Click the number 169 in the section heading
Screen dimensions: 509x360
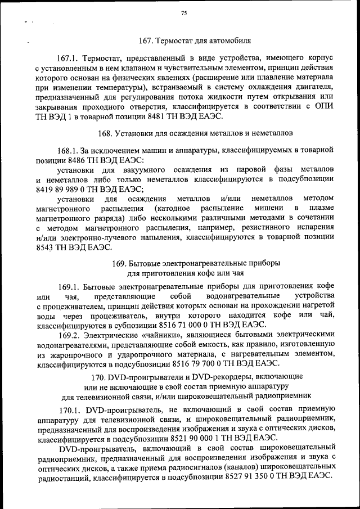[x=119, y=263]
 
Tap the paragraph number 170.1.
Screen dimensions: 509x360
[x=70, y=409]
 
